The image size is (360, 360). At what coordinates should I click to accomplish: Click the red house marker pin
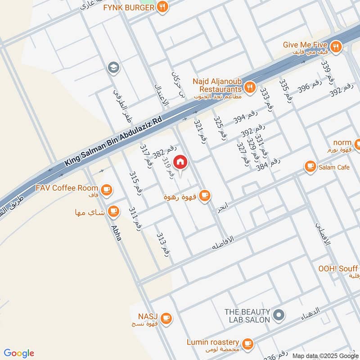(180, 162)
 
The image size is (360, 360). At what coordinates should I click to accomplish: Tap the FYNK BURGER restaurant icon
(163, 7)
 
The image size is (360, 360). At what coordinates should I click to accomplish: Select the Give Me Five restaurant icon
(335, 46)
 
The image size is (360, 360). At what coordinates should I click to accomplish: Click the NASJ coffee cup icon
(166, 318)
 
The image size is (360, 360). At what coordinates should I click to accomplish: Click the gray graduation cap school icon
(112, 68)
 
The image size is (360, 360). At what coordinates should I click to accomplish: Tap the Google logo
(19, 353)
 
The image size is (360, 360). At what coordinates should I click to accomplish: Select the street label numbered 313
(163, 244)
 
